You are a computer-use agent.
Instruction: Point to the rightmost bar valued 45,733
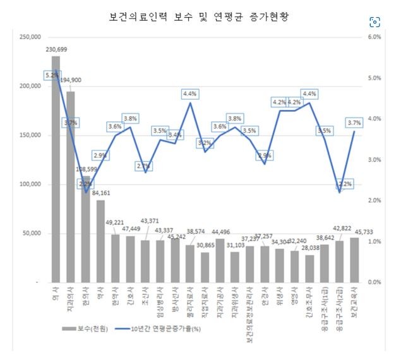(x=354, y=260)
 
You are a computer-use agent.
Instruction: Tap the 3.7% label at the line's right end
(x=354, y=123)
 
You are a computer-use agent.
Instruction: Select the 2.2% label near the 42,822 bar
(x=339, y=184)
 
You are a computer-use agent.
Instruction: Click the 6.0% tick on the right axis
(x=374, y=37)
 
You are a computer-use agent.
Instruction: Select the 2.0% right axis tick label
(x=374, y=201)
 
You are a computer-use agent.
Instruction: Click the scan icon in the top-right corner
(x=375, y=21)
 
